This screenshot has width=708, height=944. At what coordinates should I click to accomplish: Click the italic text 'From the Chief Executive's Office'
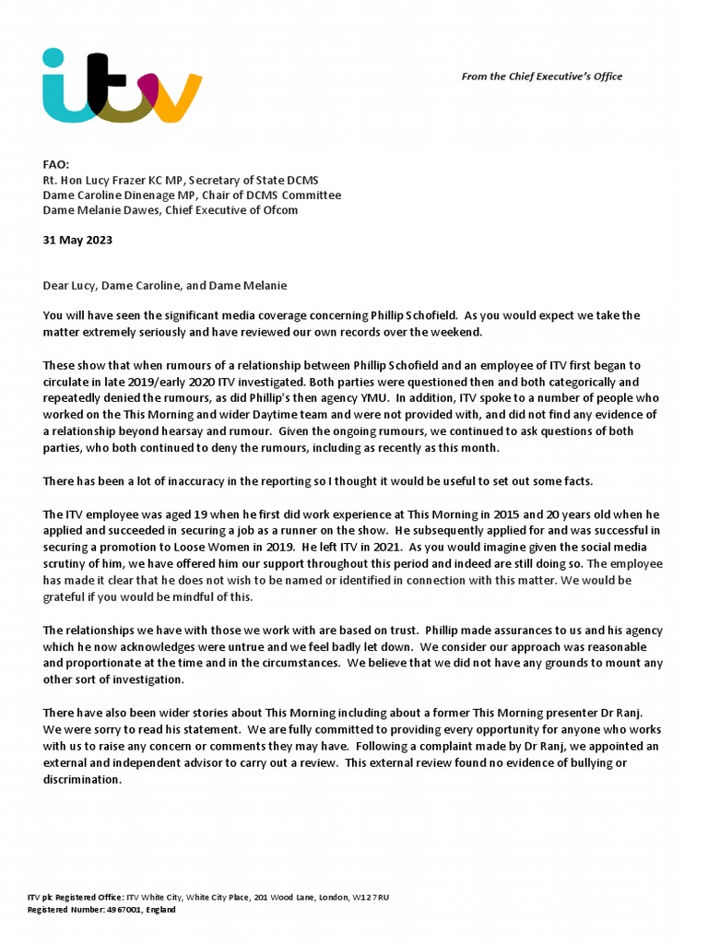pyautogui.click(x=541, y=77)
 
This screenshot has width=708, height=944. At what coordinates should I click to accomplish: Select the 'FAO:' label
pyautogui.click(x=56, y=165)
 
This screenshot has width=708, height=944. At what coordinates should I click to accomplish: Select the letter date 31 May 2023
pyautogui.click(x=77, y=240)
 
